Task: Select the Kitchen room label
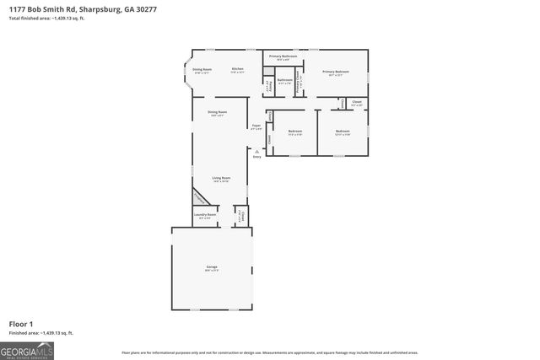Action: pyautogui.click(x=238, y=69)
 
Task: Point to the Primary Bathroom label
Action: pyautogui.click(x=278, y=56)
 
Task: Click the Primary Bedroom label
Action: pyautogui.click(x=335, y=73)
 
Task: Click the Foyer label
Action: pyautogui.click(x=256, y=126)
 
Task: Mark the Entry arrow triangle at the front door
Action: pyautogui.click(x=256, y=151)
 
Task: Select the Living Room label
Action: pyautogui.click(x=221, y=179)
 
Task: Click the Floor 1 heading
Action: pyautogui.click(x=21, y=324)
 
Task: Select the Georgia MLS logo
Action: pyautogui.click(x=27, y=349)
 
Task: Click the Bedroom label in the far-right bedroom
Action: pyautogui.click(x=342, y=132)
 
